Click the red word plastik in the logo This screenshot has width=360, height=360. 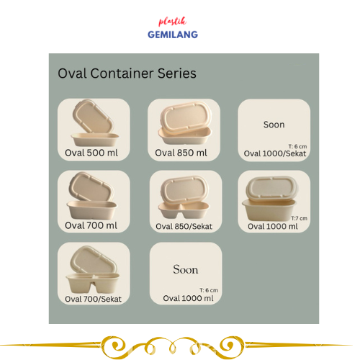(172, 22)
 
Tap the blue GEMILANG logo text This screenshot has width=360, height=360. (173, 35)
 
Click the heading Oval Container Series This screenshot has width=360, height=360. (127, 73)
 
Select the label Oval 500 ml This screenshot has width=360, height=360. (91, 153)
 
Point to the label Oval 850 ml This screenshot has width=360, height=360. (181, 153)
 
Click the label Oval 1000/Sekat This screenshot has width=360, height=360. (275, 153)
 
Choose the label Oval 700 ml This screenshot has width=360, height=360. (91, 225)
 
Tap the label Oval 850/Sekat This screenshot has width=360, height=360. (184, 226)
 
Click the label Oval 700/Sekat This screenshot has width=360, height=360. (93, 299)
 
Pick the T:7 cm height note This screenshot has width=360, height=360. (300, 218)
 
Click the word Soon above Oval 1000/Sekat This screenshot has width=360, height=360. (274, 125)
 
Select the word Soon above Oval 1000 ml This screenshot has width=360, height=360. (186, 269)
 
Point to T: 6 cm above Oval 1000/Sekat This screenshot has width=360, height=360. (297, 146)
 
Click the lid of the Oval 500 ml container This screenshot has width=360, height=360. (93, 117)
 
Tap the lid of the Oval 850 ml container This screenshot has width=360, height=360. (186, 117)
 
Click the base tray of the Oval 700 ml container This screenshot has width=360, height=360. (92, 210)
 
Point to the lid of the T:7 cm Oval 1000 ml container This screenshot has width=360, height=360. (271, 189)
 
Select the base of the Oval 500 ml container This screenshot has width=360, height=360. (95, 140)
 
